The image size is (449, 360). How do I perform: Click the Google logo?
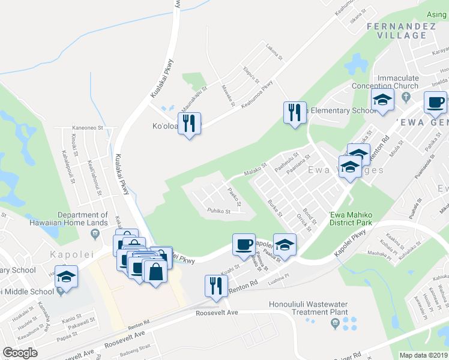pos(20,353)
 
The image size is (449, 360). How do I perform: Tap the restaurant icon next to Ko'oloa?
pos(190,124)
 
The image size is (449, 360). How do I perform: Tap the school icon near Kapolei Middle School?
pos(67,277)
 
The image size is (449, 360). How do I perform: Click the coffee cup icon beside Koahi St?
pos(244,245)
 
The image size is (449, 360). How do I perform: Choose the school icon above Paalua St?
pos(285,245)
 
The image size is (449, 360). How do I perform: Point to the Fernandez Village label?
pos(396,31)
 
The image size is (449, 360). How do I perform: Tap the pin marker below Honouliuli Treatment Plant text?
pos(336,325)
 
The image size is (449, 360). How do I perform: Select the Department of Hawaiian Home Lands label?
pos(83,219)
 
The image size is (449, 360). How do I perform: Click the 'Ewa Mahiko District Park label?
pos(351,219)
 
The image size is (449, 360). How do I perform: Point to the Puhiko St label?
pos(218,211)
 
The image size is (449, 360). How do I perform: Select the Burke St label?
pos(275,208)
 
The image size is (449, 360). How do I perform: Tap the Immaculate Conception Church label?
pos(397,82)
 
